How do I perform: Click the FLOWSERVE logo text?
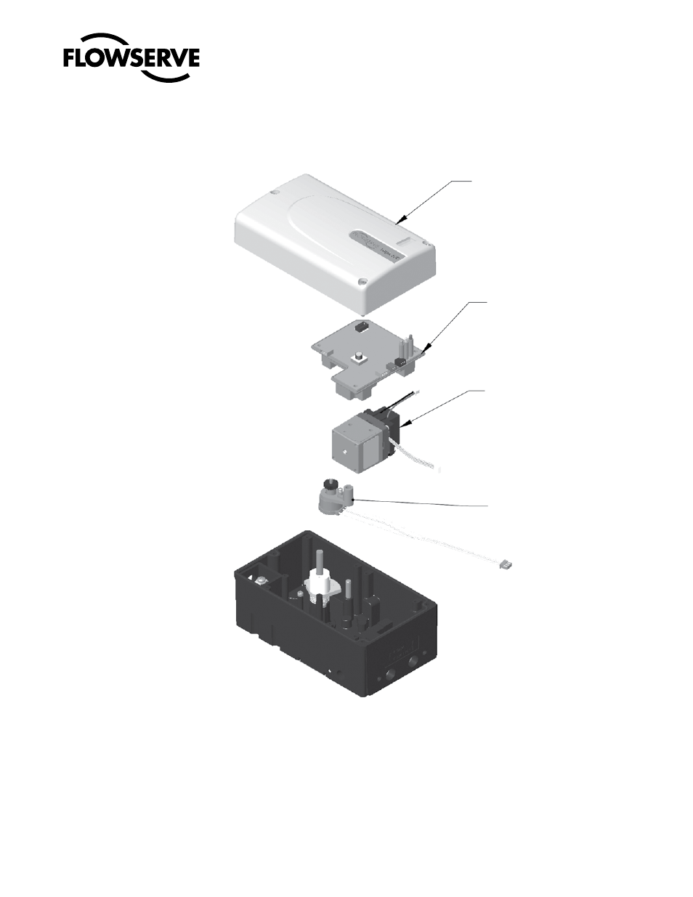point(131,57)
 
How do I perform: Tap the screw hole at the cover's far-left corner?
point(272,192)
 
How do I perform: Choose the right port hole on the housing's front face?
point(415,658)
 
